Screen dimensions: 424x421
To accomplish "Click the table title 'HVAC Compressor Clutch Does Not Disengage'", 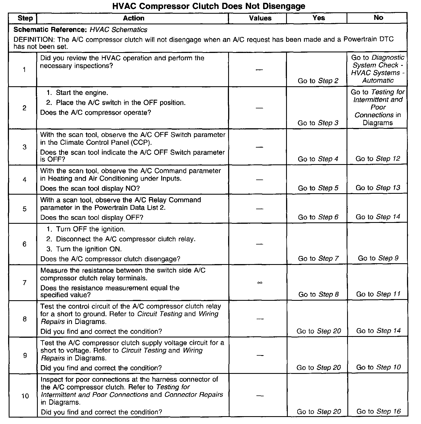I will [209, 6].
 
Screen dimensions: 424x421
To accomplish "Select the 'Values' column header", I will [260, 18].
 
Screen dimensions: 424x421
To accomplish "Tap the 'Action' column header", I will [134, 18].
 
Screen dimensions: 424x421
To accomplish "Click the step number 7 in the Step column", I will [25, 283].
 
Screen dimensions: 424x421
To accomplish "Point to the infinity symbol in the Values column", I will [260, 283].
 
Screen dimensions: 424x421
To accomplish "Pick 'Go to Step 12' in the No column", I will [378, 159].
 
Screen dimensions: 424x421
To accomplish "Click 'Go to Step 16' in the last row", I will [378, 411].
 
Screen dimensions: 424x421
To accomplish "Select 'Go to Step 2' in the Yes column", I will [318, 81].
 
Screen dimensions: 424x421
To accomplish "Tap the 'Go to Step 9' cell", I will [378, 258].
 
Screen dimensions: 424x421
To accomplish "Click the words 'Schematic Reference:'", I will [50, 30].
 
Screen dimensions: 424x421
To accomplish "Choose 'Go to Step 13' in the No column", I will [378, 188].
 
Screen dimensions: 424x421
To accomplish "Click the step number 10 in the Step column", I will [25, 396].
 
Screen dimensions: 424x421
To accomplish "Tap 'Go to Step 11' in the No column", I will [378, 294].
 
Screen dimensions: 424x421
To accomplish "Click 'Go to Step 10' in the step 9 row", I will [378, 367].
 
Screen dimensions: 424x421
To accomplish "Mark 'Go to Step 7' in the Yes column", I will [318, 258].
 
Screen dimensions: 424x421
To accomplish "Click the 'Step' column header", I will [25, 18].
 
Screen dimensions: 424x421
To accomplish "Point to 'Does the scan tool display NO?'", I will [90, 188].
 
